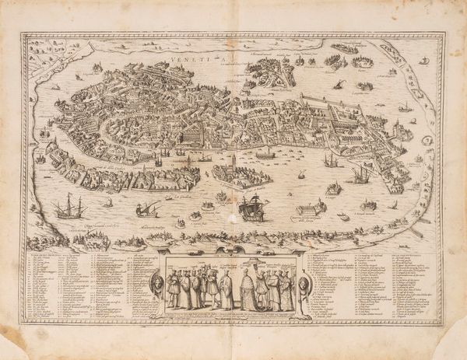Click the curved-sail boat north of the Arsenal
point(342,84)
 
